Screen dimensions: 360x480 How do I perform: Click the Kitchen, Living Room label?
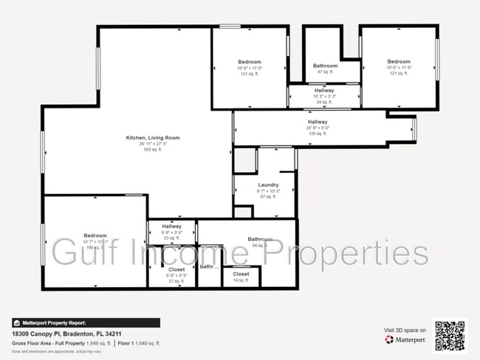click(x=153, y=138)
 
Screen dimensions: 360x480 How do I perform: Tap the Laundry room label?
click(x=268, y=184)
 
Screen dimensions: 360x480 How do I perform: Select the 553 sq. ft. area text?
click(x=153, y=150)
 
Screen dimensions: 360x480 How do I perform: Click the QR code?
click(x=450, y=334)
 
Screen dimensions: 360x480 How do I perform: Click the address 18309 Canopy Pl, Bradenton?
click(x=61, y=334)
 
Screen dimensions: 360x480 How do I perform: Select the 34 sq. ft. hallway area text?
click(x=324, y=102)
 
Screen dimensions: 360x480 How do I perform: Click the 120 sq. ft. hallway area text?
click(x=318, y=134)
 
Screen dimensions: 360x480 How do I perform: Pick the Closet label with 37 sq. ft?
click(x=177, y=270)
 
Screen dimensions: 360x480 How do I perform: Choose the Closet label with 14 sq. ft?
click(x=241, y=274)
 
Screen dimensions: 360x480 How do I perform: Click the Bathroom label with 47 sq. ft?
click(x=325, y=66)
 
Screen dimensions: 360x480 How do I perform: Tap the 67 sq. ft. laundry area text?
click(x=268, y=196)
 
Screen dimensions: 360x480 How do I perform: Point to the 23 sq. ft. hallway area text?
click(x=172, y=238)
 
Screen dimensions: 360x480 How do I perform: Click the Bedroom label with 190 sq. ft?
click(x=95, y=235)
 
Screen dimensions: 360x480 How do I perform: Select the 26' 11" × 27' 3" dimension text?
click(x=153, y=144)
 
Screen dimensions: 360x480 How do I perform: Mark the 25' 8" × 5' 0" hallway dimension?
click(x=318, y=128)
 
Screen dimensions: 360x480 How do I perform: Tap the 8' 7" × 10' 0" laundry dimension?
click(x=268, y=190)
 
